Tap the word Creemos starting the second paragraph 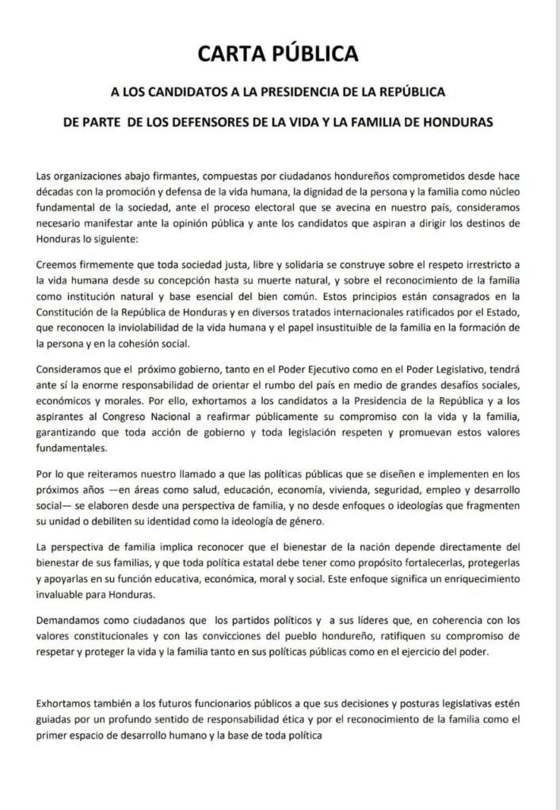(x=57, y=248)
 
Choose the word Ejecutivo (x=333, y=368)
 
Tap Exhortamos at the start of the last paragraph (x=66, y=703)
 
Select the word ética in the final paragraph (x=335, y=718)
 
